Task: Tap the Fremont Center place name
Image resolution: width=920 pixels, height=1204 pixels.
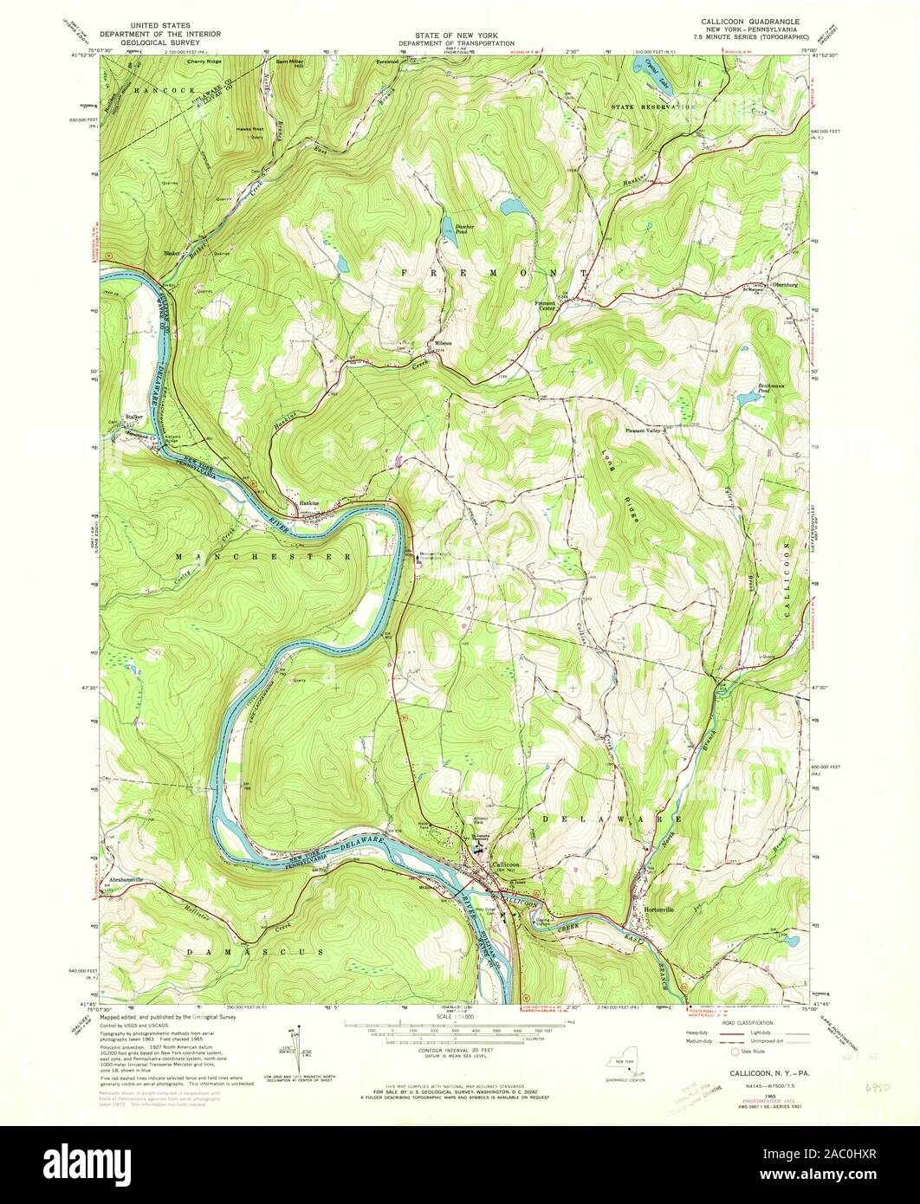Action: (547, 305)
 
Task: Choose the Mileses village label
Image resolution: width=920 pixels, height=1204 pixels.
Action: (441, 343)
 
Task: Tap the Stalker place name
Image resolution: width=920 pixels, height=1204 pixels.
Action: (133, 417)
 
